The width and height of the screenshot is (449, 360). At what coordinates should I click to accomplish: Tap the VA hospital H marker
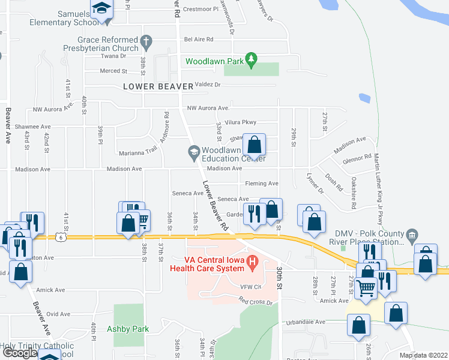coord(253,261)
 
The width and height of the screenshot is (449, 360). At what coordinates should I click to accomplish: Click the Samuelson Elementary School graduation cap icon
coord(102,10)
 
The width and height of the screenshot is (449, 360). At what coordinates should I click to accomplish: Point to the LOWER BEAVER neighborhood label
coord(158,86)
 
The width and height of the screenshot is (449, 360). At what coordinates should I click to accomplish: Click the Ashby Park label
coord(128,329)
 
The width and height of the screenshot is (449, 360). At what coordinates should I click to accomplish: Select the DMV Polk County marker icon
coord(411,234)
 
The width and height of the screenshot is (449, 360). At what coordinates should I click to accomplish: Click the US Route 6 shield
coord(61,236)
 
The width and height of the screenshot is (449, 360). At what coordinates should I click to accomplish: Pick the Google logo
coord(20,352)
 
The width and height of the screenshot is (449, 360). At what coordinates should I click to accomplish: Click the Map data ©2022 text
coord(423,355)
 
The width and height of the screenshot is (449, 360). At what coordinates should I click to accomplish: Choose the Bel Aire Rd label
coord(199,39)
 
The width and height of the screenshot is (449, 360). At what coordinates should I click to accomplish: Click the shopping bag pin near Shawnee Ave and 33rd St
coord(255,145)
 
